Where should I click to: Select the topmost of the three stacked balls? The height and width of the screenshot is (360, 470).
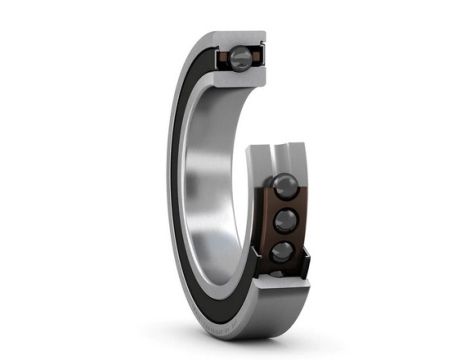[x=284, y=186]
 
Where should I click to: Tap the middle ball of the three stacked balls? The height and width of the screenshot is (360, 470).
[x=284, y=220]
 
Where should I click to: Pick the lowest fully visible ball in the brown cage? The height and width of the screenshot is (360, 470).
[x=283, y=252]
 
